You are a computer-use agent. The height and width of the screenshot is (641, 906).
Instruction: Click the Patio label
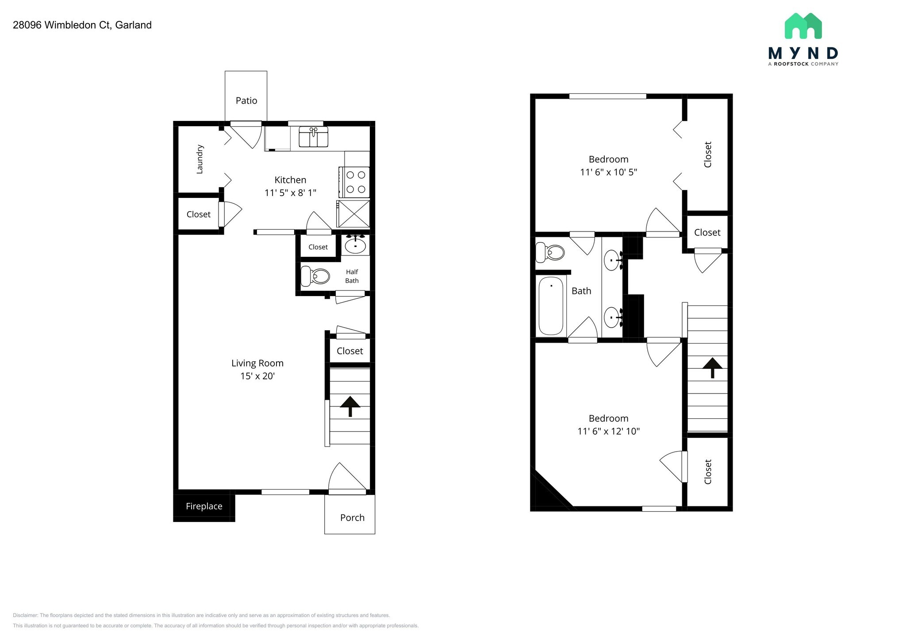[x=246, y=100]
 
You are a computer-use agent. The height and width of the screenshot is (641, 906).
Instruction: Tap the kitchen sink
[x=313, y=137]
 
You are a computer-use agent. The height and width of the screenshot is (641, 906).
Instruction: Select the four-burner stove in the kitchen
[x=355, y=182]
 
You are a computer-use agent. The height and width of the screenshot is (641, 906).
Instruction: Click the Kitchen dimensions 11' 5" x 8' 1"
[x=290, y=193]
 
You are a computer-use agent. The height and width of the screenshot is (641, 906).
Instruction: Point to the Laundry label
[x=200, y=159]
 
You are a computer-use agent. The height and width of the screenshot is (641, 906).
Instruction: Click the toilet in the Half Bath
[x=315, y=276]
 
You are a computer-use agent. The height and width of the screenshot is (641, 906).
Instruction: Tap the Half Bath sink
[x=355, y=245]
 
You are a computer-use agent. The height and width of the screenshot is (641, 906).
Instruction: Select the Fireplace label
[x=204, y=506]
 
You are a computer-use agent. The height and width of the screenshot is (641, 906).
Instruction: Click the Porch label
[x=352, y=517]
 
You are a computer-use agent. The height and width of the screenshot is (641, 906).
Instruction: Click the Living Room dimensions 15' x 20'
[x=257, y=376]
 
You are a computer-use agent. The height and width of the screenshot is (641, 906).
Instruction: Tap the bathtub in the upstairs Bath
[x=551, y=306]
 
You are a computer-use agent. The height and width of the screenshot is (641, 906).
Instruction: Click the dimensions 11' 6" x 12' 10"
[x=608, y=431]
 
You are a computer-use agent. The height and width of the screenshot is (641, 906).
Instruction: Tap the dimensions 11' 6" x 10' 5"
[x=608, y=172]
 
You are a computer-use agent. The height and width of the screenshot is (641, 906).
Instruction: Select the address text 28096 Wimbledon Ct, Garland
[x=82, y=25]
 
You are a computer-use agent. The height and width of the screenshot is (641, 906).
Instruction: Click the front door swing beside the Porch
[x=347, y=478]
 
